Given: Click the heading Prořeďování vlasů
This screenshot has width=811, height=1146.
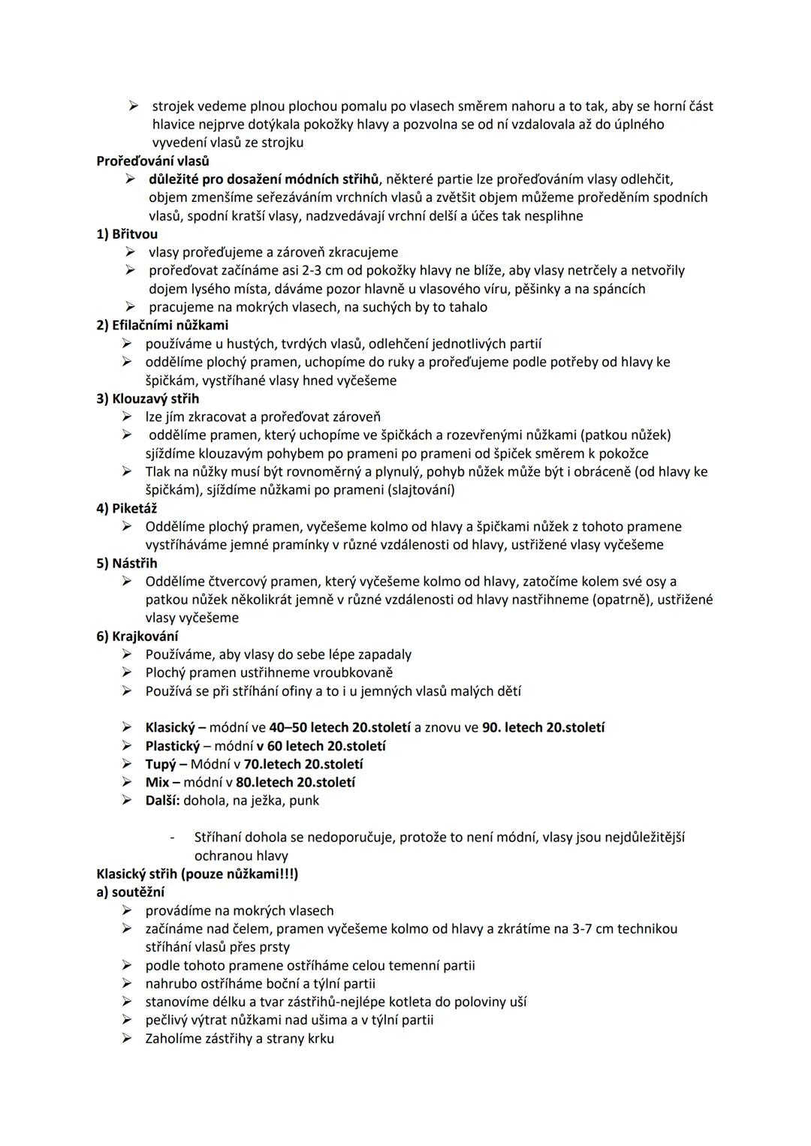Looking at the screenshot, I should coord(152,161).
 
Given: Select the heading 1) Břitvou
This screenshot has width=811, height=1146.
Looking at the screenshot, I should coord(127,234).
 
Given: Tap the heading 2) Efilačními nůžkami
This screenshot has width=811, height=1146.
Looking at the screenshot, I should coord(162,325).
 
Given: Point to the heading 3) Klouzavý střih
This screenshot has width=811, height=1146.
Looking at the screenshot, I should coord(148,399).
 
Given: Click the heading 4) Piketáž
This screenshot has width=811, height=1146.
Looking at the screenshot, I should coord(127,508).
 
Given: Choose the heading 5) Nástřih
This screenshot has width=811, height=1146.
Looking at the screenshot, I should coord(127,563).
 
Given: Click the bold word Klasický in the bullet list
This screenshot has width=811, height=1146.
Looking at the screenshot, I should coord(170,727).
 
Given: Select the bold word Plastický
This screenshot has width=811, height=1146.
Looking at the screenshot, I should coord(173,746).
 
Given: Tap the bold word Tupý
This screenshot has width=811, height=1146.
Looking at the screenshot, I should coord(160,764).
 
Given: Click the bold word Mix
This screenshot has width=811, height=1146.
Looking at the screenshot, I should coord(157,782).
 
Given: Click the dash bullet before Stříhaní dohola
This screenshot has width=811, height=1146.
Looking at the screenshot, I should coord(173,838).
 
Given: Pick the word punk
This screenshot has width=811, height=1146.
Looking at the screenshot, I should coord(305,801).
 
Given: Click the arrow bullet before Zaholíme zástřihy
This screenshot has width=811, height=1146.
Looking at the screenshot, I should coord(129,1039).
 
